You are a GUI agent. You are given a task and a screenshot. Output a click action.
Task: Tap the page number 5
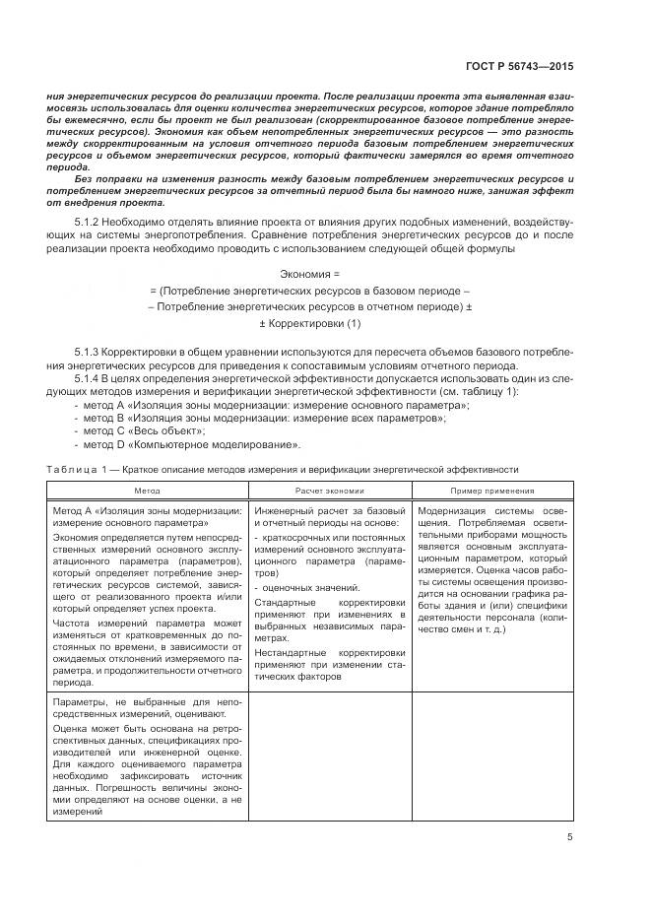(x=569, y=837)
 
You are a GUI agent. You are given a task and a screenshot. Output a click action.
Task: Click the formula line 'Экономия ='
(x=308, y=273)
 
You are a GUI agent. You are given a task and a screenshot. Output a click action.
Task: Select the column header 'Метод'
(x=147, y=490)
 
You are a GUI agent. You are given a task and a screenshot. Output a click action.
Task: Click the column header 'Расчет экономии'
(x=329, y=490)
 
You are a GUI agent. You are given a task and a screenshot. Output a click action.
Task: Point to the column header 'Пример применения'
(x=492, y=490)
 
